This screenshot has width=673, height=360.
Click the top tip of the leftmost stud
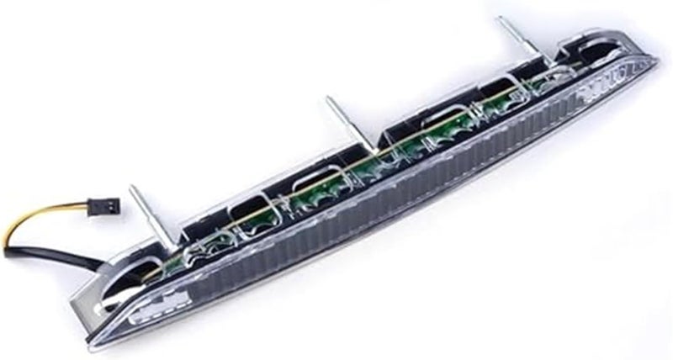pos(132,189)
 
